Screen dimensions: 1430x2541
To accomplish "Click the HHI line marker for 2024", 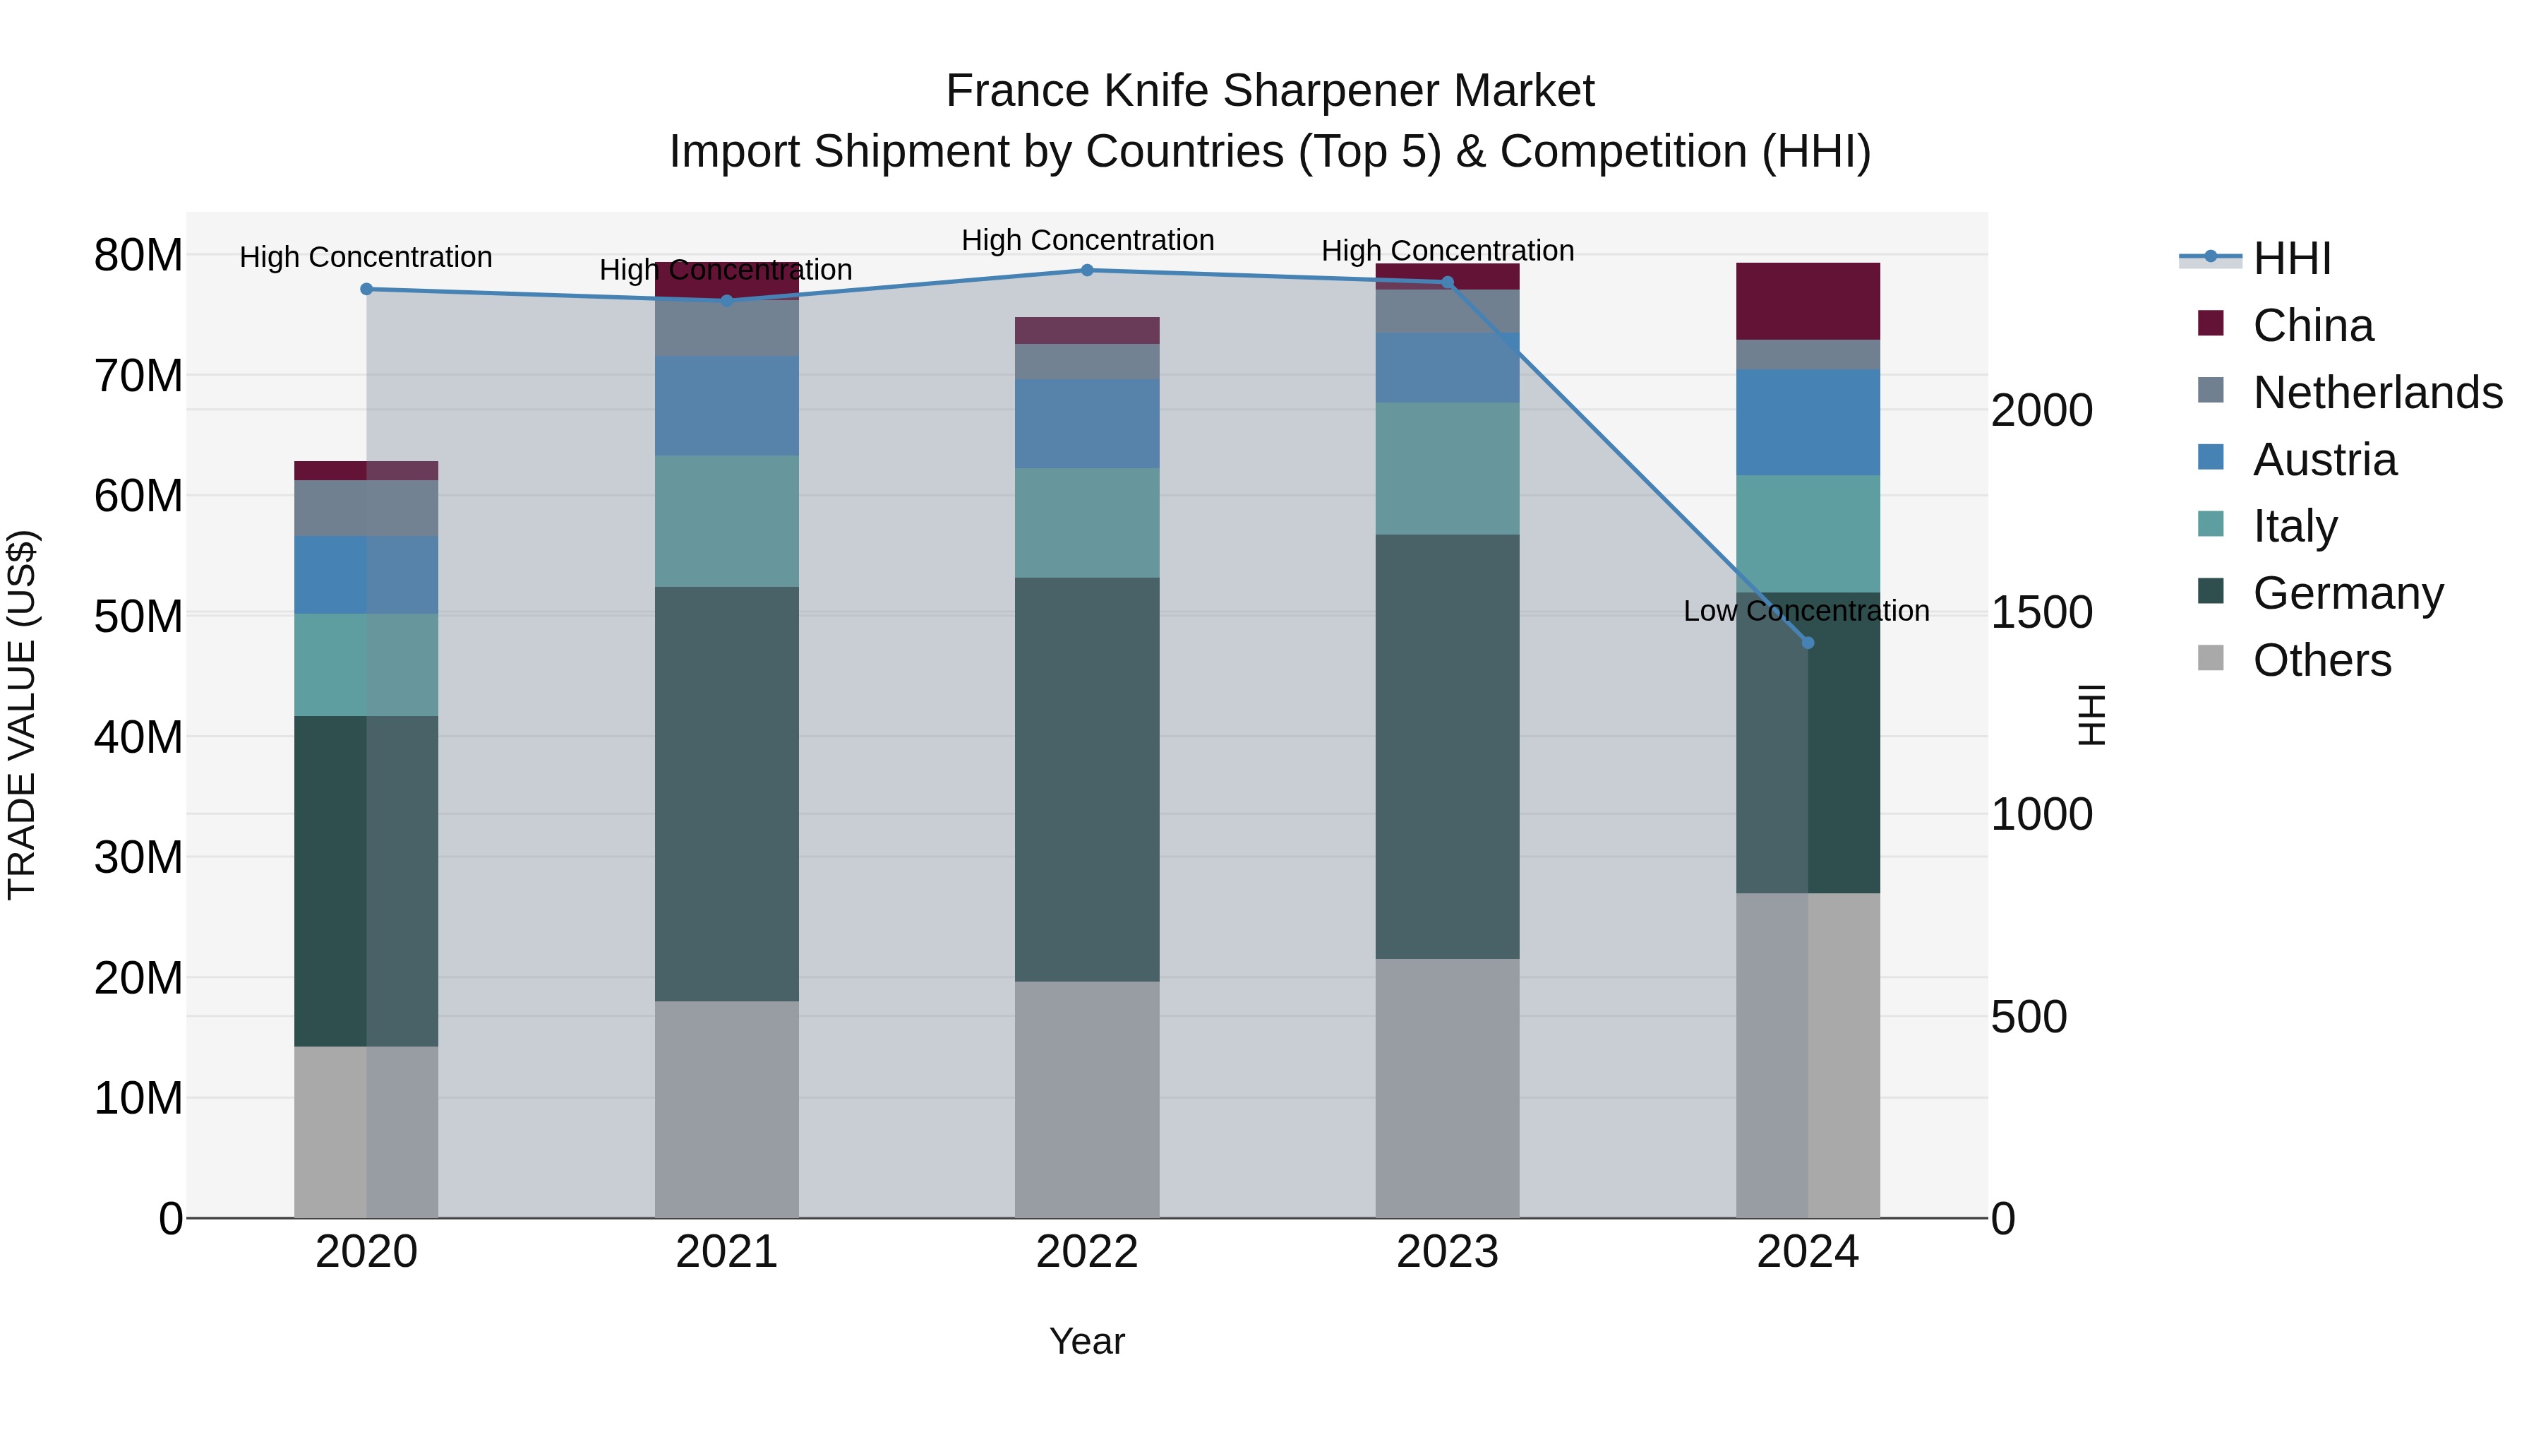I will (1807, 643).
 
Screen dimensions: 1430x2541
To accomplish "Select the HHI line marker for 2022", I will (1087, 270).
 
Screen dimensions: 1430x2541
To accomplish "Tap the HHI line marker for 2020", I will (366, 289).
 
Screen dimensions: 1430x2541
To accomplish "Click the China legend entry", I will (2312, 326).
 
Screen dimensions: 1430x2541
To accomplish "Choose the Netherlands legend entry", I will (2377, 393).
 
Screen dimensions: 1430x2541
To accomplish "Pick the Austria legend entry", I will (2324, 460).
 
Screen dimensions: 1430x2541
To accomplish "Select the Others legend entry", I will (2321, 660).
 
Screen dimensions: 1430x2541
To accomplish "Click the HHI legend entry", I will (2291, 258).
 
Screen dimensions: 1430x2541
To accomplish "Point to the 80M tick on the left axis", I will (138, 256).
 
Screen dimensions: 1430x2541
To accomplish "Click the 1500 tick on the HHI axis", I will (2041, 613).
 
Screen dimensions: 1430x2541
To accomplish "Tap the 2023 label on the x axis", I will (1447, 1252).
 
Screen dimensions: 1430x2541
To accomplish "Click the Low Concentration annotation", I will (1806, 611).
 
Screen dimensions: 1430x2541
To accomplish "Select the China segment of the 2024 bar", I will (1807, 301).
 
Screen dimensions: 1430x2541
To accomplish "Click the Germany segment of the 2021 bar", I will (727, 794).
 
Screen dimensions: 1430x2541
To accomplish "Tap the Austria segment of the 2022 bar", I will (1087, 424).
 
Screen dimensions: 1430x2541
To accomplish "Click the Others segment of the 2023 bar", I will (1447, 1088).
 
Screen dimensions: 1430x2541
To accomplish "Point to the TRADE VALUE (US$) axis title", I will (22, 715).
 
